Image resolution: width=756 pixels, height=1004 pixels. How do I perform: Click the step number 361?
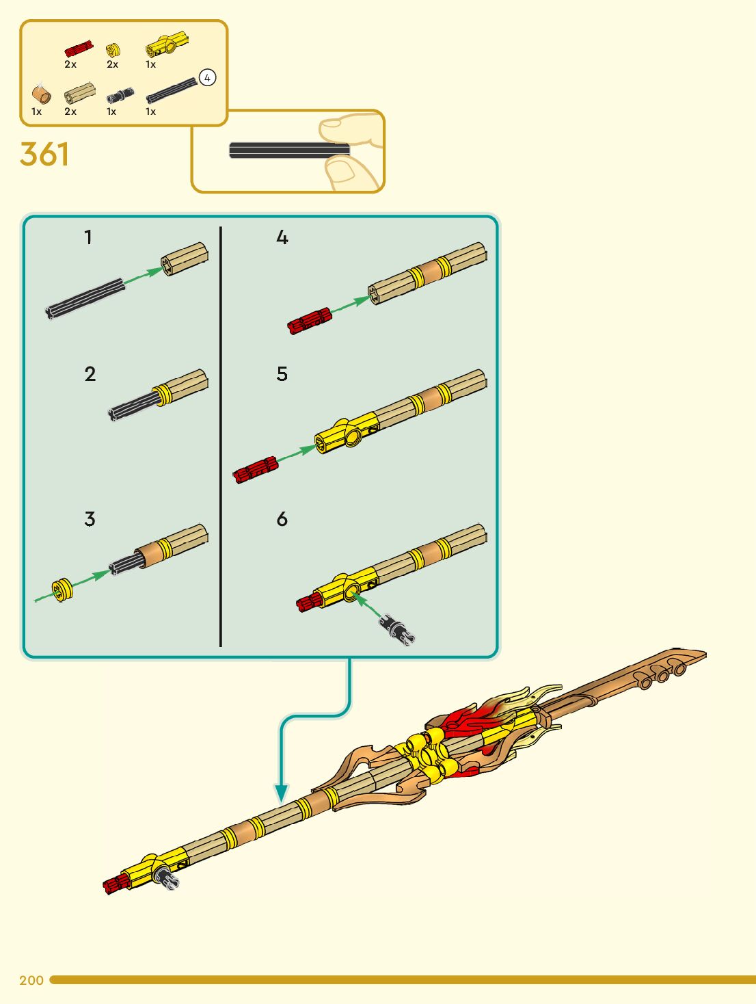coord(44,154)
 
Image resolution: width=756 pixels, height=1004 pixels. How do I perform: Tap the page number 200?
coord(31,980)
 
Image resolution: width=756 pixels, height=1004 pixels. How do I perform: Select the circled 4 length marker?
coord(207,77)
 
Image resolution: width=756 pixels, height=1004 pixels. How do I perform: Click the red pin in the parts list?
coord(78,49)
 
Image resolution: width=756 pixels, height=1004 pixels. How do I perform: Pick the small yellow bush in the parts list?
coord(113,50)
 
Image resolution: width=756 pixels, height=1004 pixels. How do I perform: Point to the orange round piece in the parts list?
coord(41,95)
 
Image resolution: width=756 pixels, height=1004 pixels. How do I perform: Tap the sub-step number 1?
coord(88,237)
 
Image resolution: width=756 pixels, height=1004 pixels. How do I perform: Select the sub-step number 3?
coord(90,518)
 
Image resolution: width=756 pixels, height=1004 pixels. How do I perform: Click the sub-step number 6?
coord(282,519)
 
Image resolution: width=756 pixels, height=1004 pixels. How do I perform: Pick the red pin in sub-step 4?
coord(310,321)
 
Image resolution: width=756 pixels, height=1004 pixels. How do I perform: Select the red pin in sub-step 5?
coord(255,469)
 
